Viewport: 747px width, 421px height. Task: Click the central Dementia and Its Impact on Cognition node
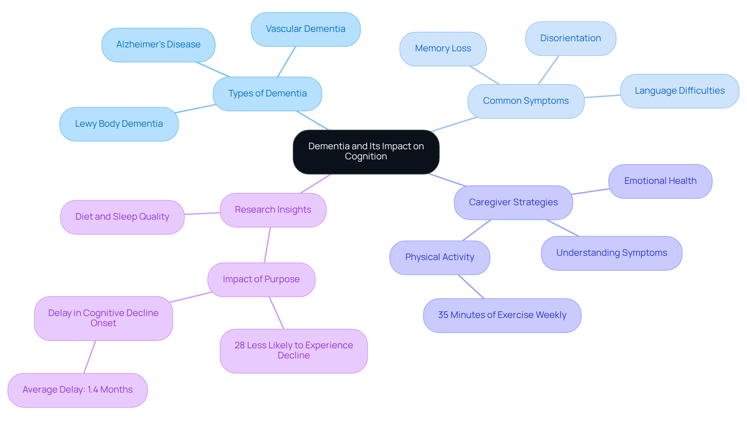click(x=366, y=152)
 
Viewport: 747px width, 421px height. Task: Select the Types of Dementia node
click(x=267, y=94)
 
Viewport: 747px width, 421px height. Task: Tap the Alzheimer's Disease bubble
click(x=158, y=45)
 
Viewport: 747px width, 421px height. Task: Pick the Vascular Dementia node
click(x=305, y=29)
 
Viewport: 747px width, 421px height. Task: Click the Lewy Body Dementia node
click(x=119, y=124)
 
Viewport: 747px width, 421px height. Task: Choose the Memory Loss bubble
click(x=443, y=49)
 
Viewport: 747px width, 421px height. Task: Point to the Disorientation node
click(x=570, y=38)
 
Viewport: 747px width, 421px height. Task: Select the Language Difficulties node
click(x=679, y=91)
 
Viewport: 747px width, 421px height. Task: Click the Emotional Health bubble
click(x=660, y=181)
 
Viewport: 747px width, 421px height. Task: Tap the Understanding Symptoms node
click(x=611, y=253)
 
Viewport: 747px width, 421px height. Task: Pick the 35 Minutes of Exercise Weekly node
click(x=502, y=315)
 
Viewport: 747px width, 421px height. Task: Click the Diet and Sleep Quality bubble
click(x=122, y=217)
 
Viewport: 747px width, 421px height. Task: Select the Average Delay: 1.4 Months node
click(x=77, y=390)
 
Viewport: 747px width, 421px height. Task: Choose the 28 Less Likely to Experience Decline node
click(x=294, y=351)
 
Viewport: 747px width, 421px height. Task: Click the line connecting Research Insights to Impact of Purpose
click(x=267, y=245)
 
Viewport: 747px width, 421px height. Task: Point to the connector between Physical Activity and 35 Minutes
click(x=471, y=286)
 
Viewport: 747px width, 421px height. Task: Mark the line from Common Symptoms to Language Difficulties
click(x=602, y=96)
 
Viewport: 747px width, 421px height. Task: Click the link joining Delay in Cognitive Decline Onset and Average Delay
click(x=89, y=357)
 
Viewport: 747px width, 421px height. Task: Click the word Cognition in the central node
click(x=366, y=157)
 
